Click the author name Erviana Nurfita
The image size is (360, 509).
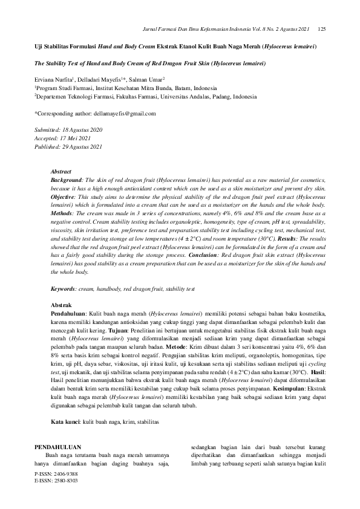53,79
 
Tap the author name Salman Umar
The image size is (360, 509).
150,79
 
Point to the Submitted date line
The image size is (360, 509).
68,130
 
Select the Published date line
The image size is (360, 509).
68,147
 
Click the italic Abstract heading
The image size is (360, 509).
61,172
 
